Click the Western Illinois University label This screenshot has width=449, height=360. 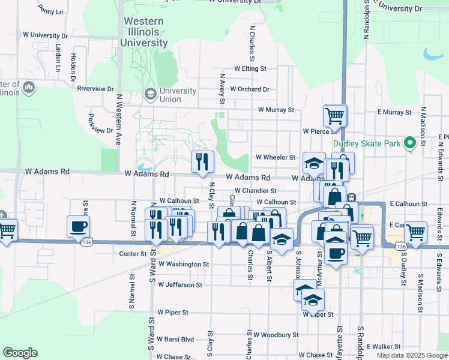click(x=143, y=32)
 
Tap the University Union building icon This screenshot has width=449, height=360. click(x=149, y=95)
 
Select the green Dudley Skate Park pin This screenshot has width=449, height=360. click(x=410, y=143)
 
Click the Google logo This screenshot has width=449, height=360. click(x=20, y=352)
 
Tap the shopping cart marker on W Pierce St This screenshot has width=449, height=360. click(x=334, y=115)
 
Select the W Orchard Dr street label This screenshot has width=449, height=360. click(x=249, y=89)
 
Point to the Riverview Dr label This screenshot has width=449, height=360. click(x=95, y=88)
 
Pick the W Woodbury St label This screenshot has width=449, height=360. click(x=278, y=334)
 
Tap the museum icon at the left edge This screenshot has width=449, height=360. click(x=28, y=88)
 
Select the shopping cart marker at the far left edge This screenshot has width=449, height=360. click(x=6, y=230)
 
